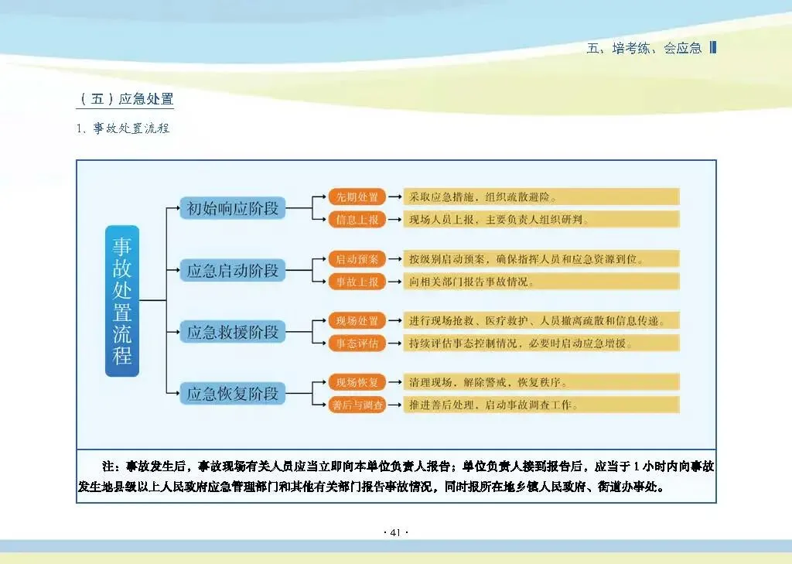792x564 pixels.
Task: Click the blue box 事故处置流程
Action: pos(122,301)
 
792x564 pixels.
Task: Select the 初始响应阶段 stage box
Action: pos(233,208)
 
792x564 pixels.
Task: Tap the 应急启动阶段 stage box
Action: pos(233,271)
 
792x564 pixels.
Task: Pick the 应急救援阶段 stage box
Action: pos(233,333)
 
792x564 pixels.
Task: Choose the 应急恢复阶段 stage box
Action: pos(233,394)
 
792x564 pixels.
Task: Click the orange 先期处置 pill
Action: pos(357,197)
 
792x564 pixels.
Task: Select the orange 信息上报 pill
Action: pos(357,220)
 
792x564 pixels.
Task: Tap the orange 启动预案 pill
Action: pos(357,258)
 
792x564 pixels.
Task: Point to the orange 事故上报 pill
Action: pos(357,282)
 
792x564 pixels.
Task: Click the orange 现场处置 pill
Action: pos(357,320)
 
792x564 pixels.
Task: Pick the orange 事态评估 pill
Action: pos(357,344)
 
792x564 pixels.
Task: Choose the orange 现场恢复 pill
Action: pos(357,382)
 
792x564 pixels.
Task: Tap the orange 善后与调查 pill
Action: pos(357,405)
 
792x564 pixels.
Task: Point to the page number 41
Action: pos(395,533)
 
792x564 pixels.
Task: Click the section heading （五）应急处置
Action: pos(127,99)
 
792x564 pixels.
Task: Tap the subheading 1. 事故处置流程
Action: pos(123,128)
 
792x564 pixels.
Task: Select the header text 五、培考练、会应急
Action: pos(644,48)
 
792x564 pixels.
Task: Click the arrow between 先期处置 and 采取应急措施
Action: pos(394,197)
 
